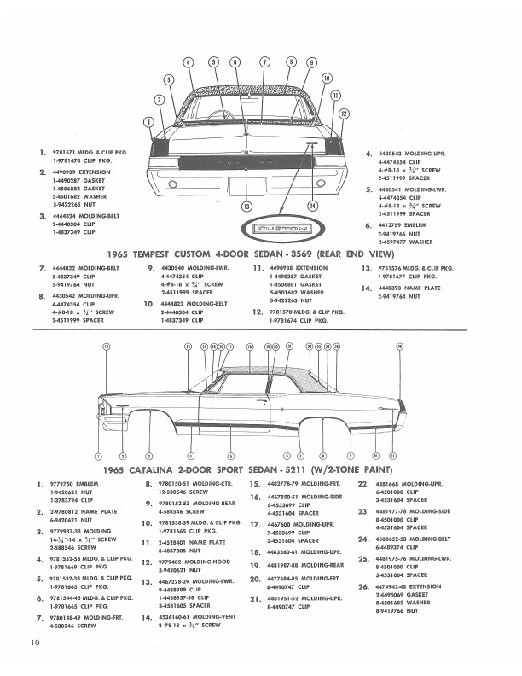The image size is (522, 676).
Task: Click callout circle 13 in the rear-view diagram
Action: pos(247,206)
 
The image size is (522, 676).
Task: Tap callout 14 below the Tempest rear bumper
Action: pos(312,206)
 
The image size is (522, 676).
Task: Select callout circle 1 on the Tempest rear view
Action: pos(149,120)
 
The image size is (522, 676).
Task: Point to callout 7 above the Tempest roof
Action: pos(266,62)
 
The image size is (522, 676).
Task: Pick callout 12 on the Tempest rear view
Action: pos(344,114)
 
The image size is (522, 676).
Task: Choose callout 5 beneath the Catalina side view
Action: pos(230,457)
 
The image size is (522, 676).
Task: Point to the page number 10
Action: pos(34,661)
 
